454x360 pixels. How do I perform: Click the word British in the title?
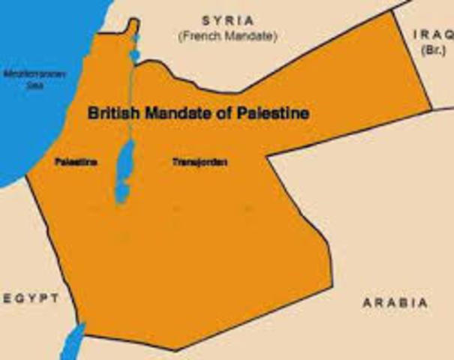click(112, 114)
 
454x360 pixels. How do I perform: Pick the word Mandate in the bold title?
click(176, 114)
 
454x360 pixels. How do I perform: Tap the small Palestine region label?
click(73, 161)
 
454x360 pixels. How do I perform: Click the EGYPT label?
click(30, 298)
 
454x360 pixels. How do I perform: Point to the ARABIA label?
click(395, 303)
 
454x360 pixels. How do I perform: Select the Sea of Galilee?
click(135, 55)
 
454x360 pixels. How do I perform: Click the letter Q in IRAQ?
click(446, 34)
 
